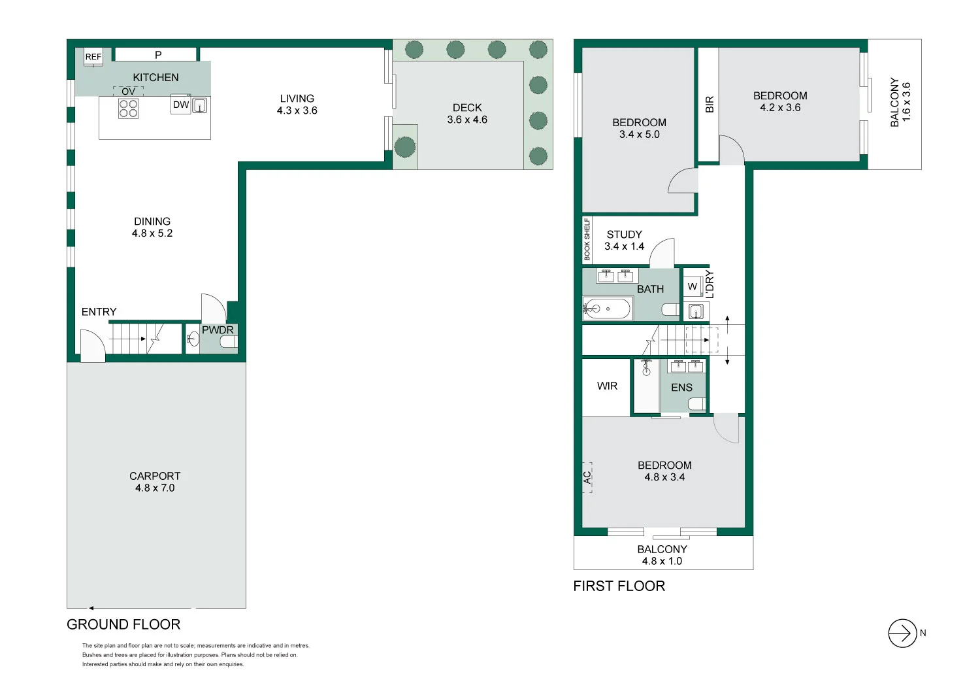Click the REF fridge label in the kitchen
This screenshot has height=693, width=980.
[x=93, y=57]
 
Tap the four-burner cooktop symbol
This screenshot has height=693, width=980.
[x=128, y=109]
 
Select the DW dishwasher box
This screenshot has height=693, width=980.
[x=181, y=104]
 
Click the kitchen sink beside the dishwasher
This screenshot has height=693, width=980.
[x=199, y=105]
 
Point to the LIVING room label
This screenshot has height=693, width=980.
[x=297, y=99]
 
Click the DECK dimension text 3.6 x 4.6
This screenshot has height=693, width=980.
[x=467, y=120]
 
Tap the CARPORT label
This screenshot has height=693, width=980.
[x=155, y=476]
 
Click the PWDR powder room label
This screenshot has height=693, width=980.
[x=218, y=330]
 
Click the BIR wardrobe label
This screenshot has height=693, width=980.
[x=710, y=104]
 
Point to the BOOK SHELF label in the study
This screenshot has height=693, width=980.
[x=587, y=239]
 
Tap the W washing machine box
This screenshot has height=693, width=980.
[x=692, y=287]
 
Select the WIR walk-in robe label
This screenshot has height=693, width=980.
[x=607, y=386]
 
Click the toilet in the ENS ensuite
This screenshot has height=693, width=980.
[x=697, y=404]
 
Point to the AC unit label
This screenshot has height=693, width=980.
[x=587, y=477]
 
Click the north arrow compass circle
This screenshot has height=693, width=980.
[x=902, y=633]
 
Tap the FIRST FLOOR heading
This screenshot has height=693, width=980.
[x=619, y=586]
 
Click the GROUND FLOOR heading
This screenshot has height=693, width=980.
[x=123, y=624]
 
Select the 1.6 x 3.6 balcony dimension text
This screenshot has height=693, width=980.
[x=906, y=102]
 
